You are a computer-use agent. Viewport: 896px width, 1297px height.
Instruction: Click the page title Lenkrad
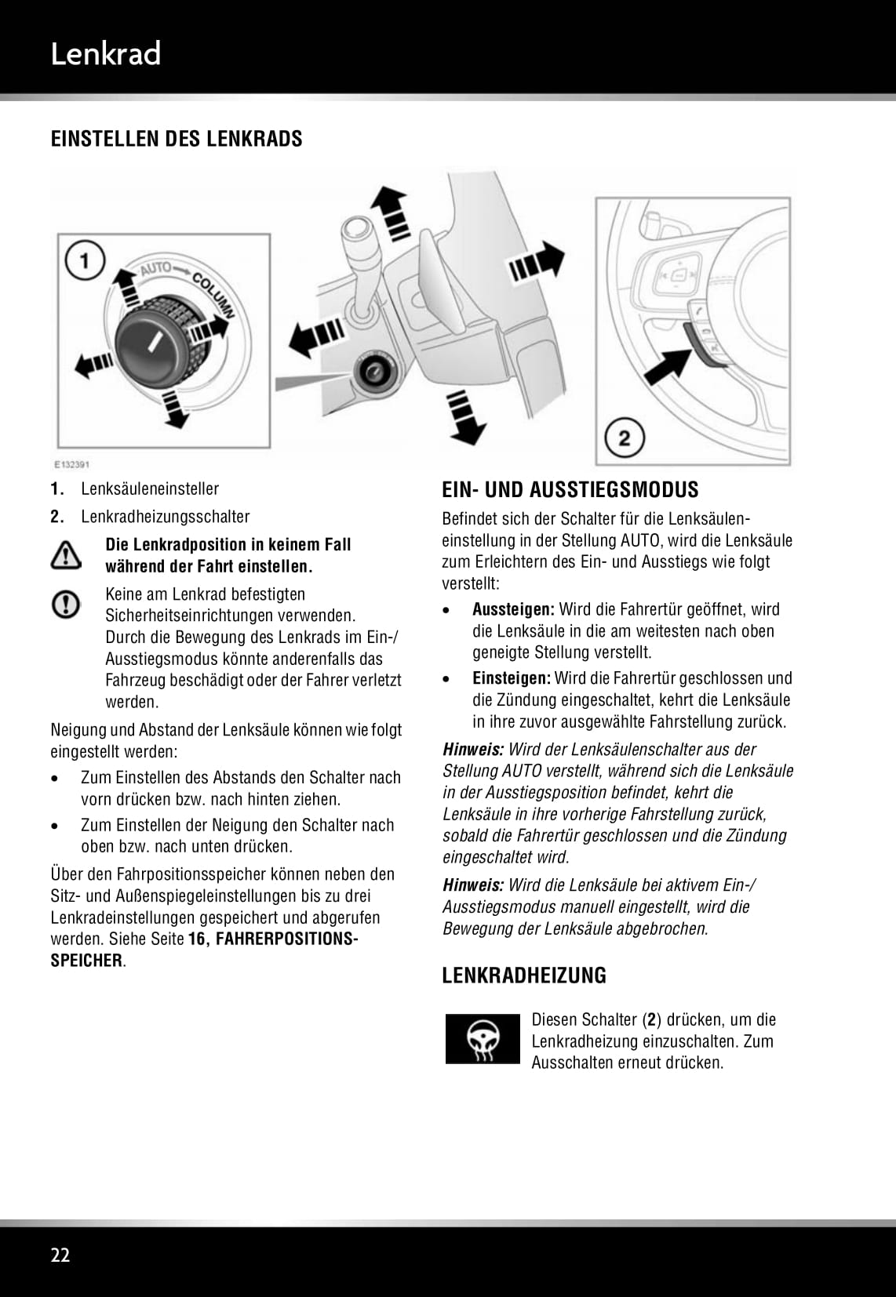click(x=105, y=54)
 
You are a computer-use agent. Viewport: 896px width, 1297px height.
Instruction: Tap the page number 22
click(x=60, y=1255)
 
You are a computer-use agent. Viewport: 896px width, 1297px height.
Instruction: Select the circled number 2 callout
click(x=624, y=437)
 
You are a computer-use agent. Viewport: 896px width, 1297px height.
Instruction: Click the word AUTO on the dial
click(x=155, y=270)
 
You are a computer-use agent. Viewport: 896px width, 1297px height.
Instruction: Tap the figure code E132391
click(x=71, y=463)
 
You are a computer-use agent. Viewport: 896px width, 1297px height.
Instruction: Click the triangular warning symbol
click(x=66, y=554)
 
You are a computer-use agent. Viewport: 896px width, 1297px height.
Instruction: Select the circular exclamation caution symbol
click(x=66, y=604)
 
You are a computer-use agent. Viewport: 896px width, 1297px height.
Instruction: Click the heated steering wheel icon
click(x=483, y=1040)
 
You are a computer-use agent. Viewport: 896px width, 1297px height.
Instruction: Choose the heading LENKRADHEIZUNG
click(x=524, y=975)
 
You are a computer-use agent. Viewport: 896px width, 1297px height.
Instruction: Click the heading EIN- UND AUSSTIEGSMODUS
click(x=570, y=490)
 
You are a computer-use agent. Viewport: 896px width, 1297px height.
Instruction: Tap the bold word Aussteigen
click(x=513, y=609)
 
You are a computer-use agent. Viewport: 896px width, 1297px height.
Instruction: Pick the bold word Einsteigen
click(x=511, y=678)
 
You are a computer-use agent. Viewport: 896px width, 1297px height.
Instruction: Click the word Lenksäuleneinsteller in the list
click(x=150, y=489)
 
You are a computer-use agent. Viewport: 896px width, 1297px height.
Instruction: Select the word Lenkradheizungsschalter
click(x=165, y=517)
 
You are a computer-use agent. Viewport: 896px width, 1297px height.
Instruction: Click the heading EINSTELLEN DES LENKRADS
click(x=177, y=139)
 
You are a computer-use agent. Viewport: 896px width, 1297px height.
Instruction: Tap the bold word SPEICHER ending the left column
click(x=86, y=961)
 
